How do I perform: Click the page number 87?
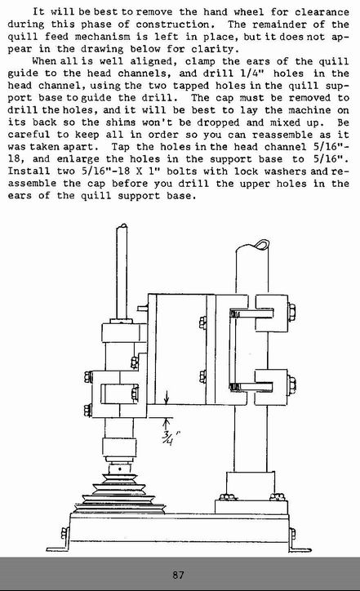178,575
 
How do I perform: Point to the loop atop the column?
261,244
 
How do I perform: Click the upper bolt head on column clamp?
291,313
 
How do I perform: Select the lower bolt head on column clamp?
291,385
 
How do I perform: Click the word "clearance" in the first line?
322,12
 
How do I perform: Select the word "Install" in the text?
29,171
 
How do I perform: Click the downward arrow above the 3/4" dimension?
167,398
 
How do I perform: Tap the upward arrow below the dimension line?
167,423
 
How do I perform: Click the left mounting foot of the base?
57,542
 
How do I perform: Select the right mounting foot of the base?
300,542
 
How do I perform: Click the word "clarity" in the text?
212,49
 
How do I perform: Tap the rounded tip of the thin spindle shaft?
122,226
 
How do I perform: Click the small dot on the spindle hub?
120,469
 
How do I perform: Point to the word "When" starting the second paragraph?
44,61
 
